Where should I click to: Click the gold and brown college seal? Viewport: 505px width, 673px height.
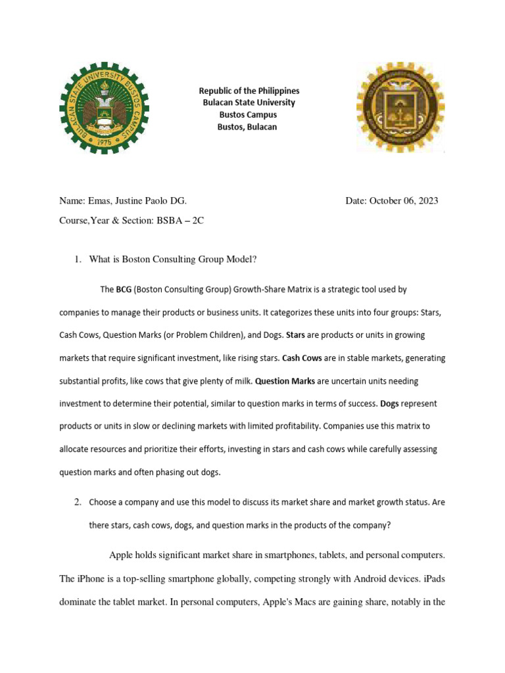(x=400, y=108)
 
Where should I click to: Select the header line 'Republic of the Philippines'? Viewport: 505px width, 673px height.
(x=249, y=91)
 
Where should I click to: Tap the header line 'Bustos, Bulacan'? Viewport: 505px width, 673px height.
(x=247, y=127)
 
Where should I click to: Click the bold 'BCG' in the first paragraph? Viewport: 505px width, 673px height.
(x=124, y=289)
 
